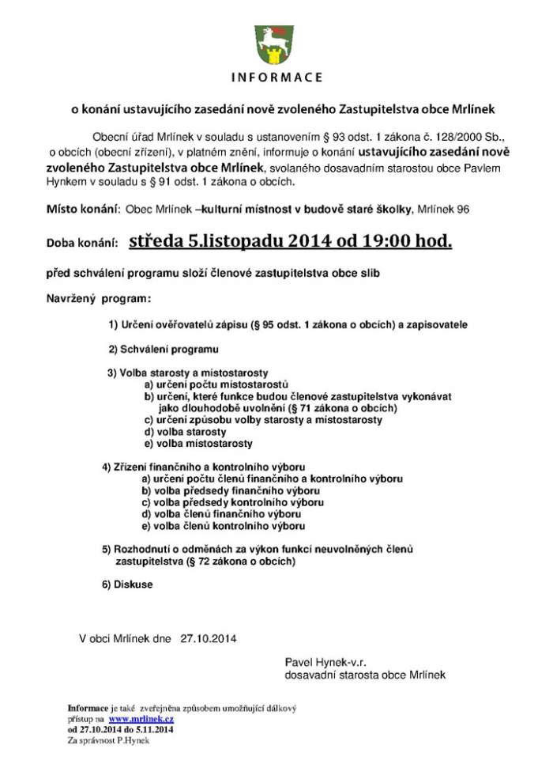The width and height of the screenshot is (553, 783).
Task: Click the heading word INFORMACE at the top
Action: pos(276,78)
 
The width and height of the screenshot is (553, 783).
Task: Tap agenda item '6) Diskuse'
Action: pos(127,584)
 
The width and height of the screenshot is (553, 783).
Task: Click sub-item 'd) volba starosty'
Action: pos(185,432)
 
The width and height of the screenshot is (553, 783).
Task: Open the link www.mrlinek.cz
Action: pos(141,720)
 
